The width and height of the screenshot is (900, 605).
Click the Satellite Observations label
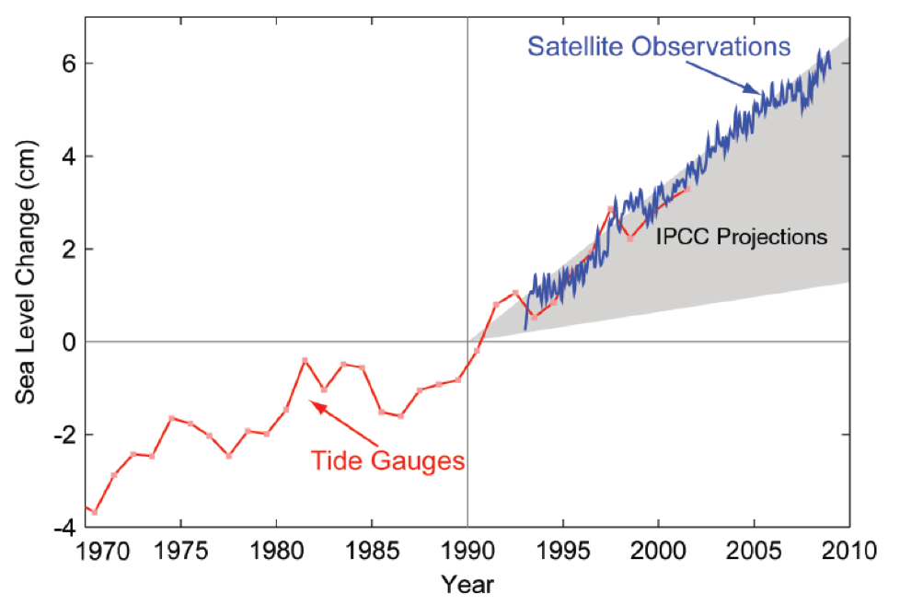tap(659, 47)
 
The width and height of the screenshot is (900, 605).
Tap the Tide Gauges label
tap(387, 460)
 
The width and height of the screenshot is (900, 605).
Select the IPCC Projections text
tap(742, 237)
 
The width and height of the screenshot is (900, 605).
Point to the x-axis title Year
tap(467, 584)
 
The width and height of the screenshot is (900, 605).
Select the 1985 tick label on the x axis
tap(372, 553)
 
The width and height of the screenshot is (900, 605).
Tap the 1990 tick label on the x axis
tap(467, 553)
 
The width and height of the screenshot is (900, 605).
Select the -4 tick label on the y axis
tap(63, 528)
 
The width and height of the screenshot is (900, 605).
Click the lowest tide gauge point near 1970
tap(94, 512)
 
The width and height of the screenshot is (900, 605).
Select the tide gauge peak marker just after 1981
tap(305, 360)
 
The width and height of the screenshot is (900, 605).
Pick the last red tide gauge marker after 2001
tap(687, 190)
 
